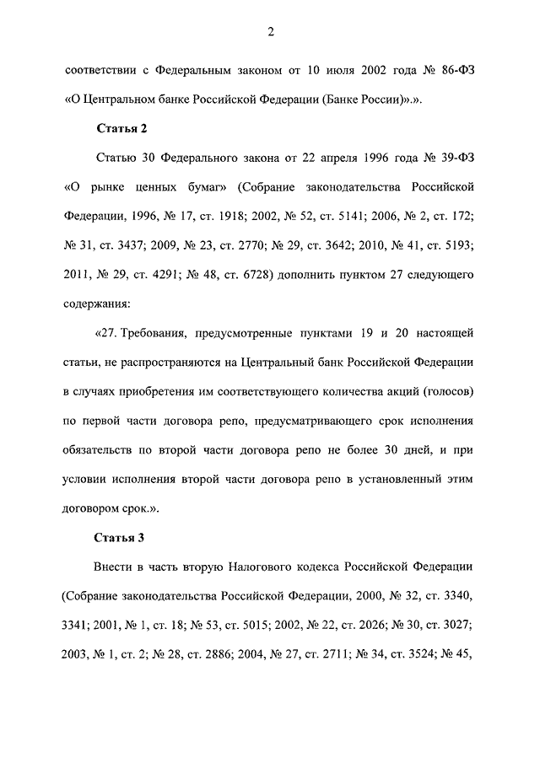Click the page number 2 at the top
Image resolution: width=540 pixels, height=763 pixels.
pos(270,32)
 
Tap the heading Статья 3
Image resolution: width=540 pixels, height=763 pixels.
pos(123,537)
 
